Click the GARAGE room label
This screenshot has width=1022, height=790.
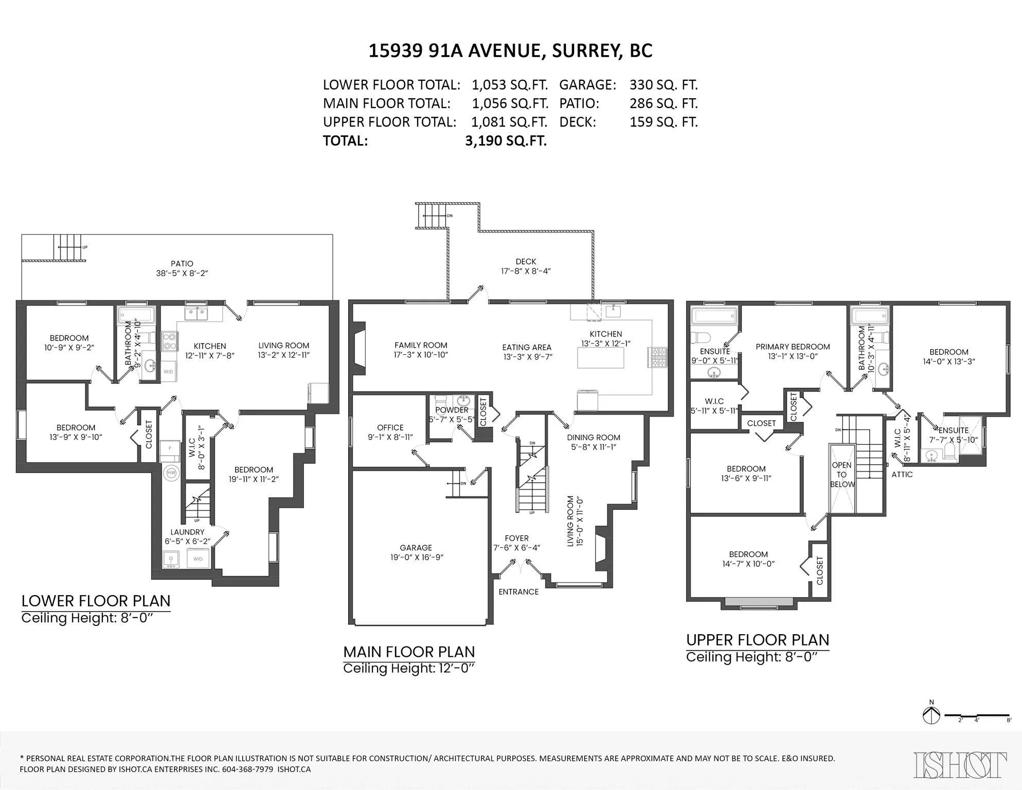[416, 548]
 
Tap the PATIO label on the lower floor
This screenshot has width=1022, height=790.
[182, 264]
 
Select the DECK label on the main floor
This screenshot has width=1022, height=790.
[526, 262]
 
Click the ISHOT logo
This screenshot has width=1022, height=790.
[960, 764]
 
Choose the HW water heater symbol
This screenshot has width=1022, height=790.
[171, 473]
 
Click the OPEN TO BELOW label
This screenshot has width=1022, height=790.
[841, 475]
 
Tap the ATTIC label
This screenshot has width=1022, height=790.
[902, 474]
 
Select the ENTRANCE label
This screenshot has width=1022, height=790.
[518, 591]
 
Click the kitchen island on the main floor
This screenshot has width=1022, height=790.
[601, 358]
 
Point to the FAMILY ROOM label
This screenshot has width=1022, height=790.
[421, 345]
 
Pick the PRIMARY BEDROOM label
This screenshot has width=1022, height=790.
[793, 347]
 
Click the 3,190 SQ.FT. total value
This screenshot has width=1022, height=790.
[506, 140]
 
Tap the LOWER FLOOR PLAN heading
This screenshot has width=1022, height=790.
[96, 601]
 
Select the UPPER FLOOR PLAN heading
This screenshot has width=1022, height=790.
[758, 640]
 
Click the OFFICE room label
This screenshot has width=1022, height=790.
[390, 427]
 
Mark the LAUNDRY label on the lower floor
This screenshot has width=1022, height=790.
[187, 532]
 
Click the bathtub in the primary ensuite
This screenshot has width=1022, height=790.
[714, 315]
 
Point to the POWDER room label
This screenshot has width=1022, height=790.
[452, 410]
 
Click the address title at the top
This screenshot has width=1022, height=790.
[510, 51]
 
